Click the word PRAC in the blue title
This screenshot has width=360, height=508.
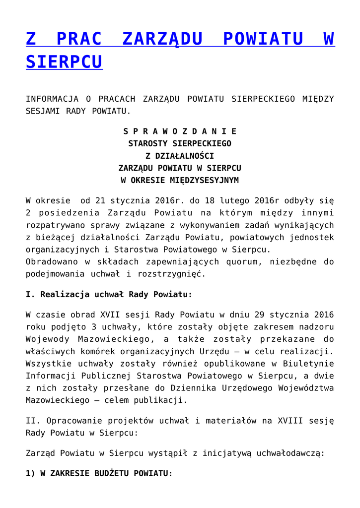[x=79, y=39]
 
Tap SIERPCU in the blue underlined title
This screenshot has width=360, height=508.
[x=64, y=62]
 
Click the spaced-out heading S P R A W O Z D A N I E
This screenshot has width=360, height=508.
[x=180, y=131]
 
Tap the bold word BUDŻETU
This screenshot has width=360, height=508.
[x=112, y=474]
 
